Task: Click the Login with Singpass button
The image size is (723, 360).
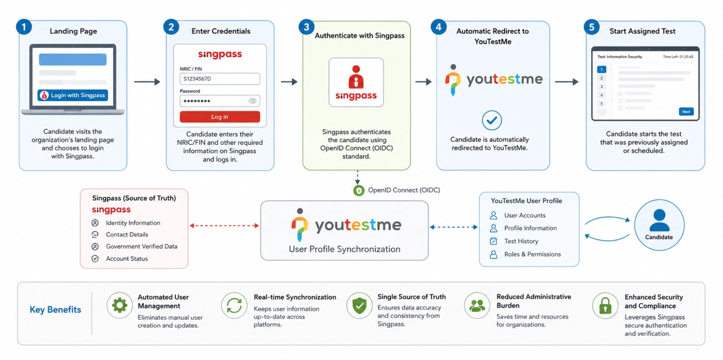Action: click(73, 95)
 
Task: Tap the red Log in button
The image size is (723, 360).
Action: click(220, 117)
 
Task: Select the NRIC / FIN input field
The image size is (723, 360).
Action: click(220, 79)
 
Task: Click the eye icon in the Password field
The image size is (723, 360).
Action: click(253, 101)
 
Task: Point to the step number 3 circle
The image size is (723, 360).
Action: click(306, 27)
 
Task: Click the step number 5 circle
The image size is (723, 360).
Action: click(592, 27)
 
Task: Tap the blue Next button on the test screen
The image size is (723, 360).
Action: click(686, 112)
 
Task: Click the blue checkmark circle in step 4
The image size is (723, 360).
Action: click(492, 120)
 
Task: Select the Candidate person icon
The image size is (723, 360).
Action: click(659, 220)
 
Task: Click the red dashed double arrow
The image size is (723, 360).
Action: click(224, 225)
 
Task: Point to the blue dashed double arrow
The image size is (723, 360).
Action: click(454, 227)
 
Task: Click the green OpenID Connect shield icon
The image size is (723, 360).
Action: click(359, 191)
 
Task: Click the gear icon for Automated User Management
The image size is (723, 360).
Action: click(119, 305)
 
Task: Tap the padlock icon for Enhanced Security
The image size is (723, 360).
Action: click(605, 305)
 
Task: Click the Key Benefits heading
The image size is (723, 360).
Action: click(55, 310)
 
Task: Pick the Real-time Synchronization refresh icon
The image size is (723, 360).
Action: click(234, 305)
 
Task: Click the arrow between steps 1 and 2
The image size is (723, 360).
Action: click(147, 82)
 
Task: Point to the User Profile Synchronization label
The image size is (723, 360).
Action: click(344, 249)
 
